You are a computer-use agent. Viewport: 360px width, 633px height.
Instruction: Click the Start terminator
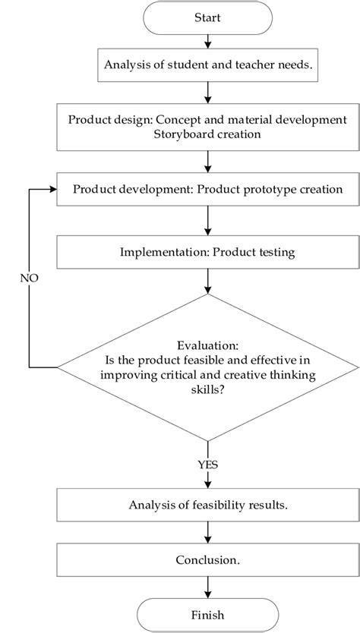point(207,17)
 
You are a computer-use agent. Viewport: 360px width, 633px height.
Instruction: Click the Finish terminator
point(207,614)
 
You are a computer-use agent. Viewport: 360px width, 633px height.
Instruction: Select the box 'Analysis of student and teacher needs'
point(207,67)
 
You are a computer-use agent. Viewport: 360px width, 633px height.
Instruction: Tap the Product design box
point(207,128)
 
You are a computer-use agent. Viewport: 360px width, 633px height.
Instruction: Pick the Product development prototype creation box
point(207,188)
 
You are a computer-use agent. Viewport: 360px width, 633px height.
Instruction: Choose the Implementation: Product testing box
point(207,250)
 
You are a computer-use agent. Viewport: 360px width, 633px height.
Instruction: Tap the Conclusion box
point(207,560)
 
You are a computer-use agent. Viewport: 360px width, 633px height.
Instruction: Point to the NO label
point(29,278)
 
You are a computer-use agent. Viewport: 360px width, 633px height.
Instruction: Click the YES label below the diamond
point(207,462)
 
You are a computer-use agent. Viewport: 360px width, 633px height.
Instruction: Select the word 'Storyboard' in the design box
point(174,135)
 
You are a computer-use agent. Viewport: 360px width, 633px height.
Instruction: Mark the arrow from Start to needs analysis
point(207,42)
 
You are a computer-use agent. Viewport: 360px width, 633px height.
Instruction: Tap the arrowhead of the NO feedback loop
point(53,188)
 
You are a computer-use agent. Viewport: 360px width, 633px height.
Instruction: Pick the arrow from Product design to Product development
point(207,161)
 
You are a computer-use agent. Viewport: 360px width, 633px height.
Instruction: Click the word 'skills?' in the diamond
point(207,389)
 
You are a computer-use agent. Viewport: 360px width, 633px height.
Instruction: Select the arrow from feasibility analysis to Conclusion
point(207,533)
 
